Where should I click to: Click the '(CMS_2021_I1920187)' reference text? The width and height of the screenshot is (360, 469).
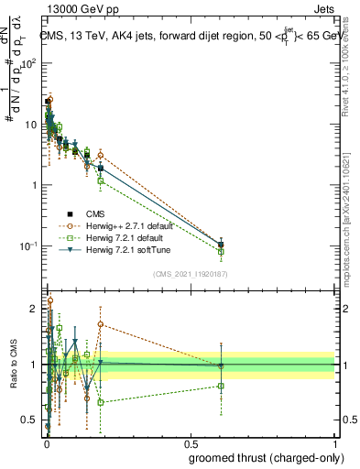pos(189,274)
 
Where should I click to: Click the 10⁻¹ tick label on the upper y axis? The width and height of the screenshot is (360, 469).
pos(27,246)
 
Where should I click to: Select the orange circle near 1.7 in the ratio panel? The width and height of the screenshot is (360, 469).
pos(101,324)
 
